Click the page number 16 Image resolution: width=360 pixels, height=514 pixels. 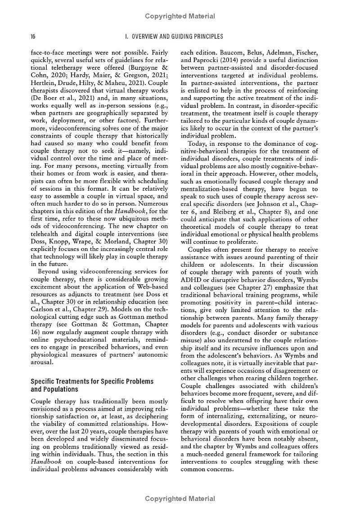coord(33,36)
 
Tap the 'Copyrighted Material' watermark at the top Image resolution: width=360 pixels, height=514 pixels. coord(180,17)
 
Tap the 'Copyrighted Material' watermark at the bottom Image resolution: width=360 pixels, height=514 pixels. coord(180,499)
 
